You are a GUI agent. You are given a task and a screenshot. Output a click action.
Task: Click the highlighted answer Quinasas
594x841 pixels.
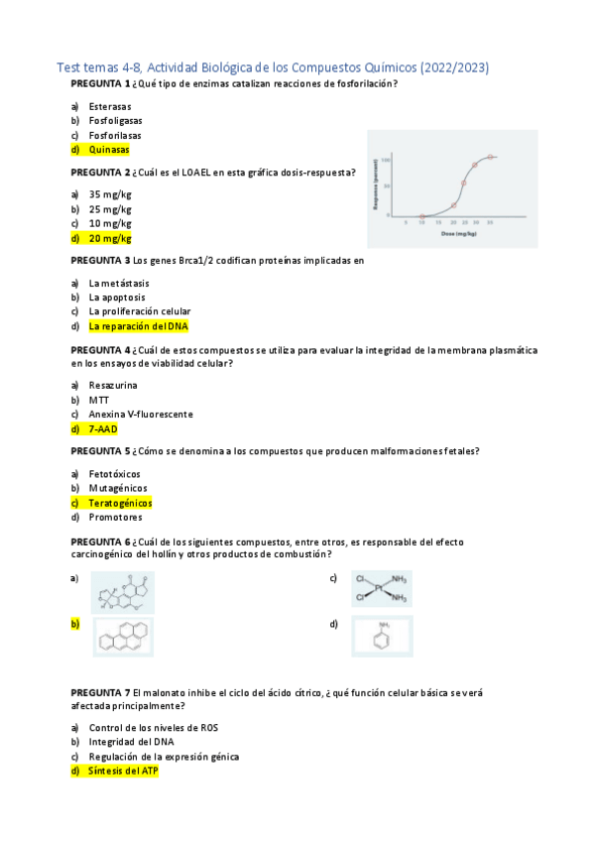[108, 150]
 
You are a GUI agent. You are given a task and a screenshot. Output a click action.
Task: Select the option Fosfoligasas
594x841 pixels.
[114, 120]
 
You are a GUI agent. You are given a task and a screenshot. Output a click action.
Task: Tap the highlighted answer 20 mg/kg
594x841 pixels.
[109, 238]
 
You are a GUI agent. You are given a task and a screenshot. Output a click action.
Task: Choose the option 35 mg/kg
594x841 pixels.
[109, 194]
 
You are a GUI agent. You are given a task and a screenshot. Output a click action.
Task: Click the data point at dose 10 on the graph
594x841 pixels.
[421, 216]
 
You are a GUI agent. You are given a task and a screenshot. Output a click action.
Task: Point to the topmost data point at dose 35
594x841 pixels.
[491, 157]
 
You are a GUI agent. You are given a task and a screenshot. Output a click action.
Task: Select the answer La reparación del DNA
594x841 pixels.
[138, 325]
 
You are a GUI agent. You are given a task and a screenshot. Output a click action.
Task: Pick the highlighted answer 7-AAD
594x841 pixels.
[103, 428]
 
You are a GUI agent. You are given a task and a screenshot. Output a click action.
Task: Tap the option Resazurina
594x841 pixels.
[113, 385]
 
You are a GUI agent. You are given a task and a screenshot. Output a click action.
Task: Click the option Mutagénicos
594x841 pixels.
[118, 488]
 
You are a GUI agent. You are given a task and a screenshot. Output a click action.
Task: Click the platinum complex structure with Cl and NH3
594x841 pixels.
[382, 589]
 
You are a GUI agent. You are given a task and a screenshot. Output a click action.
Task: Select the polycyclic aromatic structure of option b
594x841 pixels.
[124, 637]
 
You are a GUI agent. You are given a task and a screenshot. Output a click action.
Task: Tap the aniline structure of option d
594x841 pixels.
[382, 636]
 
